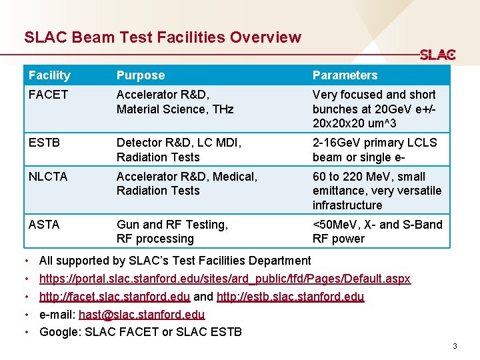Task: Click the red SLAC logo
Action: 437,55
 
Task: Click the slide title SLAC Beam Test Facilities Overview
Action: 163,38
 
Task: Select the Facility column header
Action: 49,75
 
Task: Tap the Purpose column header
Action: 140,75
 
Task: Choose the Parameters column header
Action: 345,75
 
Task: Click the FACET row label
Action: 48,95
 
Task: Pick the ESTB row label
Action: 45,143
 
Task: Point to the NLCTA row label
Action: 49,177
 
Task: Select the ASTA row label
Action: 44,225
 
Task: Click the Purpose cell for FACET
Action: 175,102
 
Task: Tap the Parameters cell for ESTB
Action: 375,150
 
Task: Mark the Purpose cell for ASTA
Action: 172,232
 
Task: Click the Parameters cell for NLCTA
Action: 377,191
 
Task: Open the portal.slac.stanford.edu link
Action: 225,279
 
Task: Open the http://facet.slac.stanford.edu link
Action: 115,297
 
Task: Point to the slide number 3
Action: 454,346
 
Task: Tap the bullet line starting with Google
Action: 141,332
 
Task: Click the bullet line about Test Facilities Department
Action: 175,261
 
